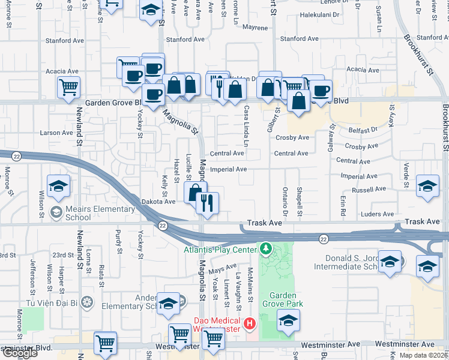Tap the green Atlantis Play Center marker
pyautogui.click(x=265, y=248)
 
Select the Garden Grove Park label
pyautogui.click(x=286, y=299)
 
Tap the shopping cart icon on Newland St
pyautogui.click(x=69, y=86)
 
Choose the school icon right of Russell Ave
pyautogui.click(x=427, y=186)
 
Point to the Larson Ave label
pyautogui.click(x=56, y=133)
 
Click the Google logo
pyautogui.click(x=19, y=353)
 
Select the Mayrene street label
pyautogui.click(x=255, y=28)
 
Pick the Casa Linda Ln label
pyautogui.click(x=247, y=126)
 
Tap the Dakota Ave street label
pyautogui.click(x=158, y=202)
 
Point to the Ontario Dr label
pyautogui.click(x=285, y=203)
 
